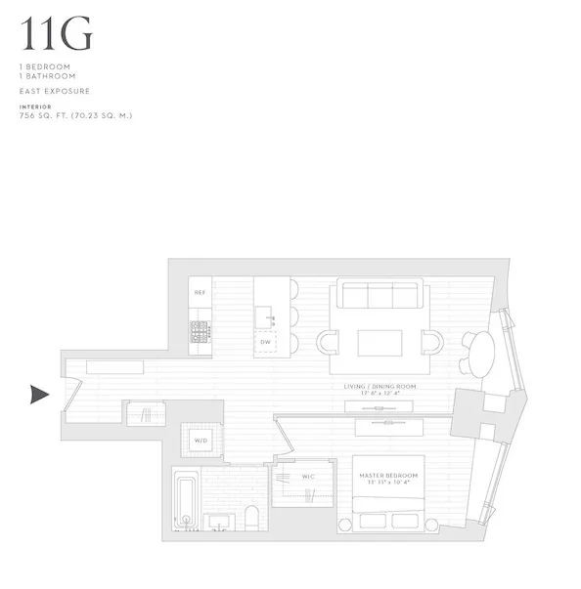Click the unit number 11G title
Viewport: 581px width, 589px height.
pos(58,34)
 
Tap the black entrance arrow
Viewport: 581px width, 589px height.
pos(39,395)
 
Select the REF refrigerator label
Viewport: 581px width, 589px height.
pos(200,292)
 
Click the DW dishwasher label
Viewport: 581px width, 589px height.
pos(265,342)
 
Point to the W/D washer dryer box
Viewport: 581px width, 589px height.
pos(201,441)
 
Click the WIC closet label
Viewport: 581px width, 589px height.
pos(308,477)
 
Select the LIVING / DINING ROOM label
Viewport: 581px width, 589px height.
pos(380,387)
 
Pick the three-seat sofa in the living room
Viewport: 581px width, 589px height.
pos(379,295)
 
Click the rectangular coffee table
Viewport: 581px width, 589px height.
pos(379,344)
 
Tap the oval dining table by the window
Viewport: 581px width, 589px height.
pos(478,352)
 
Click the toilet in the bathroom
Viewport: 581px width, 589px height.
pos(250,518)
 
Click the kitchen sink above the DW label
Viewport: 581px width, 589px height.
pos(264,317)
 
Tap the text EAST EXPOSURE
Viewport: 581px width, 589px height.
pos(57,91)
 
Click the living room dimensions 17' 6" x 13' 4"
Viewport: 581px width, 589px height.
pos(380,395)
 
